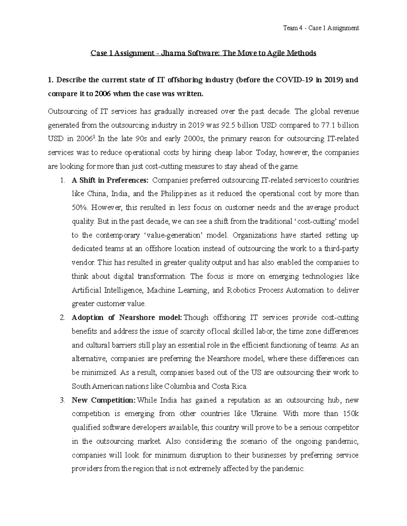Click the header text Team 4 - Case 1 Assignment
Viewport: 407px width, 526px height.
(321, 28)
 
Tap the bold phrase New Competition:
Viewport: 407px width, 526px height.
(103, 400)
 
